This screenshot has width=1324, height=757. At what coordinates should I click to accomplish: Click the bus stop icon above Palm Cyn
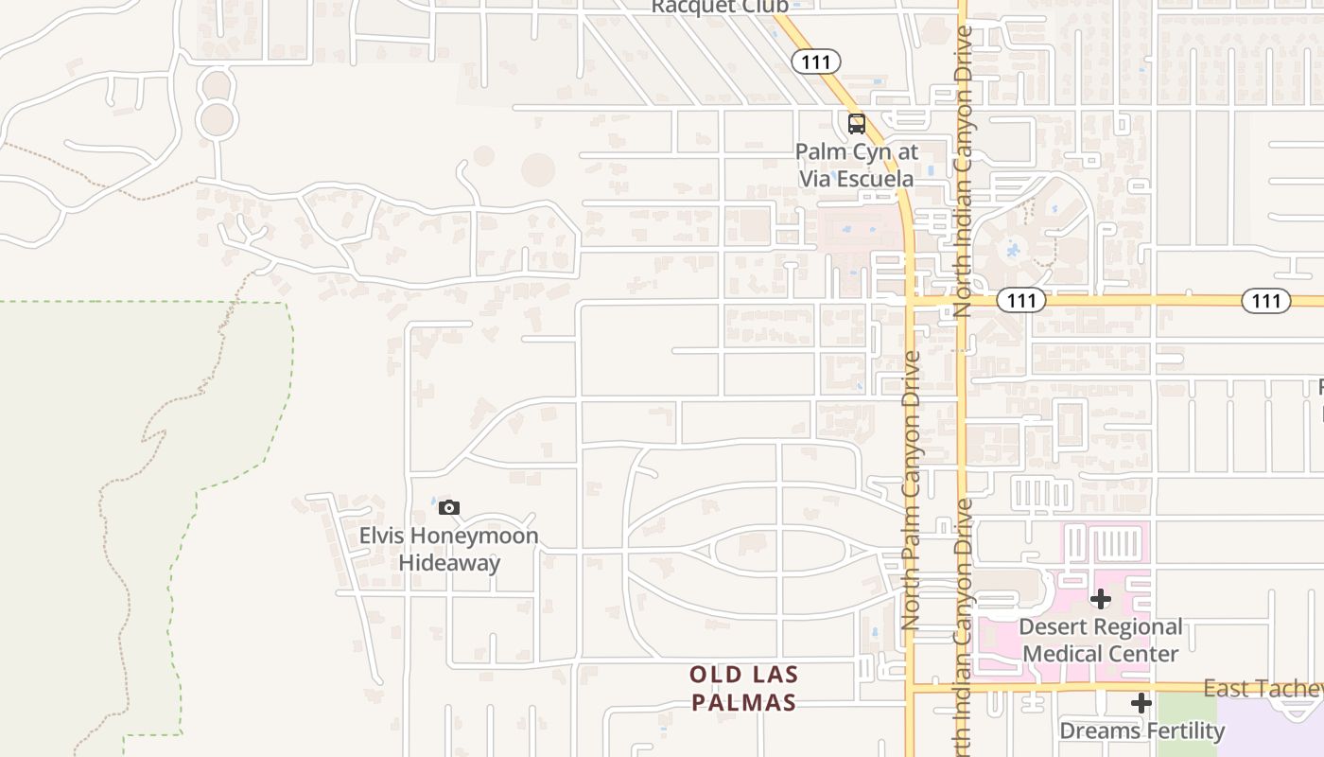(856, 123)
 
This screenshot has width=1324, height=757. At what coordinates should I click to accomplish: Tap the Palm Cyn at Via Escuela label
(856, 165)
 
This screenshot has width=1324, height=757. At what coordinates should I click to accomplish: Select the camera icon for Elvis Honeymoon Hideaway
(448, 508)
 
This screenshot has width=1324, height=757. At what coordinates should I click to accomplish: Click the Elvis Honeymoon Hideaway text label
(448, 549)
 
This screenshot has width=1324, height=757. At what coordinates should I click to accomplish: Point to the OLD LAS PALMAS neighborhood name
(743, 688)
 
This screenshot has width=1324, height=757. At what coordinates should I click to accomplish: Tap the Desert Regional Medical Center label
(1101, 640)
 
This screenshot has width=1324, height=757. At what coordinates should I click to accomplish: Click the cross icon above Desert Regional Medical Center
(1101, 599)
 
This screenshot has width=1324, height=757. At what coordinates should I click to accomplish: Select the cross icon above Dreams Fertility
(1141, 703)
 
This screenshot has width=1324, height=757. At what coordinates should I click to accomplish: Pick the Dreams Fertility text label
(1141, 731)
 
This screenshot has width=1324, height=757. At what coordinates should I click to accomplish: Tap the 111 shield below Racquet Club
(815, 62)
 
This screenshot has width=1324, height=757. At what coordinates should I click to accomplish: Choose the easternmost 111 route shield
(1265, 301)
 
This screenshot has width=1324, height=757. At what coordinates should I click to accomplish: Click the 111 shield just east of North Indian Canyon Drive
(1021, 301)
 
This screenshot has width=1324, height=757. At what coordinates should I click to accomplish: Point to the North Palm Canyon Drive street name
(912, 490)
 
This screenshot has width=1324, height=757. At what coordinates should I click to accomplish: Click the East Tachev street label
(1263, 689)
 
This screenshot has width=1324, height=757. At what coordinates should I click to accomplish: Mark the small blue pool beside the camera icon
(433, 502)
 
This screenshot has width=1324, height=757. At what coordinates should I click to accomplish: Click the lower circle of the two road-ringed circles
(217, 120)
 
